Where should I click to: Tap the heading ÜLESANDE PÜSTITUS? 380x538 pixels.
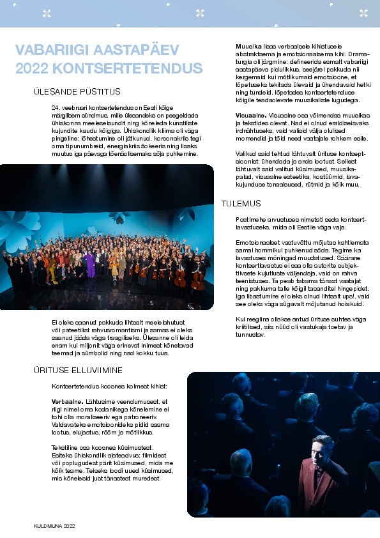pos(77,92)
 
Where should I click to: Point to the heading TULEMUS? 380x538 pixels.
pos(241,203)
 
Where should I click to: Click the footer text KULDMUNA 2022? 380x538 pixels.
pos(54,525)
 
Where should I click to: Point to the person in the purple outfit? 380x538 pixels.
pos(91,263)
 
